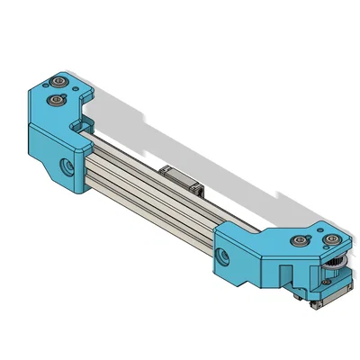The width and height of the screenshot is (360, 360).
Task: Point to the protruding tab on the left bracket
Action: pyautogui.click(x=85, y=94)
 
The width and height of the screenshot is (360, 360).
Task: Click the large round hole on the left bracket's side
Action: pyautogui.click(x=67, y=165)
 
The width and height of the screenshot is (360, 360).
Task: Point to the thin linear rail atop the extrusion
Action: pyautogui.click(x=126, y=149)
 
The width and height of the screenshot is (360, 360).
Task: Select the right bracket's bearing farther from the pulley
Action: pyautogui.click(x=300, y=240)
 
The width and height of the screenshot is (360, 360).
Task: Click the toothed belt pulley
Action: pyautogui.click(x=336, y=265)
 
